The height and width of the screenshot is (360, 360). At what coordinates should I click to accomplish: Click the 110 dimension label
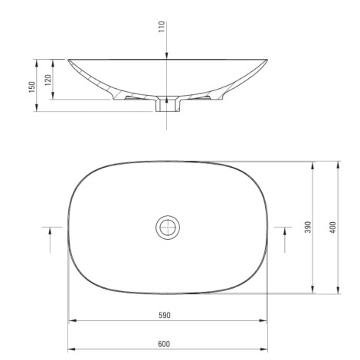[x=162, y=27]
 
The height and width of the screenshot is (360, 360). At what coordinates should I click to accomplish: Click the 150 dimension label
[x=31, y=87]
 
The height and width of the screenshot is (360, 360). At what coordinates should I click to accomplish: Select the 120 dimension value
[x=48, y=80]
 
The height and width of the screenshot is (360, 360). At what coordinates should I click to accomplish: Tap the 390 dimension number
[x=309, y=227]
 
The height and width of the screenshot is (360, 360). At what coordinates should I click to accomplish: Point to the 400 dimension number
[x=333, y=227]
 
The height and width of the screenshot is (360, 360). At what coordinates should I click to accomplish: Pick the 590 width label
[x=165, y=316]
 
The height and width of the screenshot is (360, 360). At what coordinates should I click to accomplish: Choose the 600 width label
[x=164, y=344]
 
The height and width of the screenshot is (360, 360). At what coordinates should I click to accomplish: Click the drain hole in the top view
[x=168, y=227]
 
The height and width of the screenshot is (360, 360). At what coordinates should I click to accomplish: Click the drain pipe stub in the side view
[x=168, y=104]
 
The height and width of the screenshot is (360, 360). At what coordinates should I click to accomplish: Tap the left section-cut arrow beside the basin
[x=50, y=240]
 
